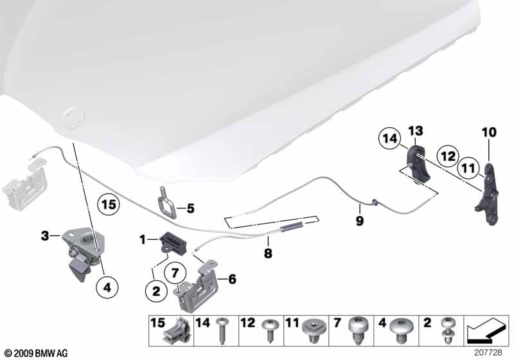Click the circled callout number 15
pyautogui.click(x=109, y=204)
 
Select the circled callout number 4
pyautogui.click(x=107, y=287)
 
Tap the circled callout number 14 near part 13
pyautogui.click(x=390, y=138)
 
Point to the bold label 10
pyautogui.click(x=489, y=132)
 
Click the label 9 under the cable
pyautogui.click(x=360, y=221)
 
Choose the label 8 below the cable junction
pyautogui.click(x=268, y=253)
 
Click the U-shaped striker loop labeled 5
pyautogui.click(x=167, y=203)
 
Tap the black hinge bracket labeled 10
pyautogui.click(x=487, y=194)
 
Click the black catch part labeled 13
pyautogui.click(x=419, y=165)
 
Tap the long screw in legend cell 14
pyautogui.click(x=222, y=331)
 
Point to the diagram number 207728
pyautogui.click(x=488, y=352)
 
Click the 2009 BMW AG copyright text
pyautogui.click(x=37, y=353)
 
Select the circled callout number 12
pyautogui.click(x=448, y=156)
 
